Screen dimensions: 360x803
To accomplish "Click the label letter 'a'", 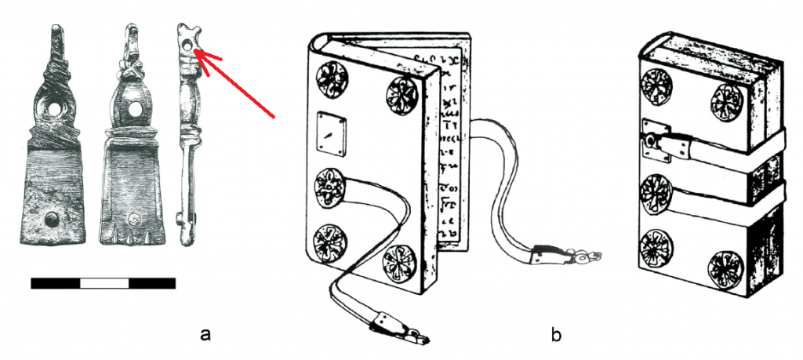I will (206, 335).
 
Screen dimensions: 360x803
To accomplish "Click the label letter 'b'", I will (557, 335).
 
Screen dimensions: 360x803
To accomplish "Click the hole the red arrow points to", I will (188, 48).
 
